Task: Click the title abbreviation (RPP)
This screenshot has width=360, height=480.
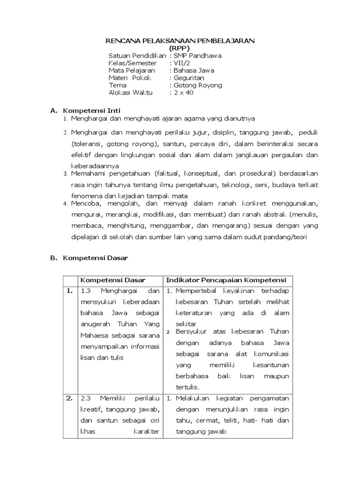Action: click(180, 48)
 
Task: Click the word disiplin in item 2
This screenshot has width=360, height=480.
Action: click(238, 133)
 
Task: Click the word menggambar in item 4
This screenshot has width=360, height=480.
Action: click(173, 226)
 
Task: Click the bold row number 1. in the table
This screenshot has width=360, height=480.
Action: click(69, 291)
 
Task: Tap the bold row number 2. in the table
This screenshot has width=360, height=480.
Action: click(69, 398)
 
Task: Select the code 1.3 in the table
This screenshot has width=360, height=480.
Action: click(86, 291)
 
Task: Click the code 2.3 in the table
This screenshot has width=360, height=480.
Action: click(86, 399)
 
